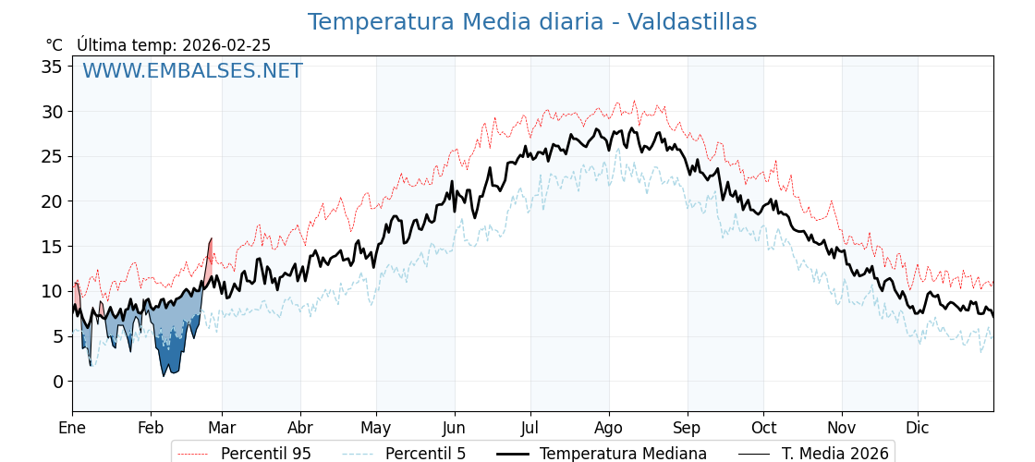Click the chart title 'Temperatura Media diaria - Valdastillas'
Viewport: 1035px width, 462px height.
[531, 22]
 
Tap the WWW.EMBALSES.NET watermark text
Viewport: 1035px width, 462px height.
[192, 71]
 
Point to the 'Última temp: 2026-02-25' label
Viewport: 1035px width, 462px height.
[174, 45]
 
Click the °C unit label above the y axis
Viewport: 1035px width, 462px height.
[54, 45]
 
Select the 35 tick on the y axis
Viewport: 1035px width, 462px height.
[52, 67]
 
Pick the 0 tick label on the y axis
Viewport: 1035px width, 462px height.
[57, 382]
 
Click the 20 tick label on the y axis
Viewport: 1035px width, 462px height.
[52, 201]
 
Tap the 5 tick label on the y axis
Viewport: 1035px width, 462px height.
[57, 336]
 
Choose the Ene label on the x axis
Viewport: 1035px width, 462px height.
[72, 428]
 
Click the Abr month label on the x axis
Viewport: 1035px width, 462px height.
[300, 428]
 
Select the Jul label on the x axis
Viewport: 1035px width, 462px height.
[530, 428]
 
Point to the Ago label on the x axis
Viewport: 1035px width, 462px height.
[609, 428]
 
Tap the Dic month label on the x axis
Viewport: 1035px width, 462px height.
[918, 428]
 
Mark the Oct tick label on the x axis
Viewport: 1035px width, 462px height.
[763, 428]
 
